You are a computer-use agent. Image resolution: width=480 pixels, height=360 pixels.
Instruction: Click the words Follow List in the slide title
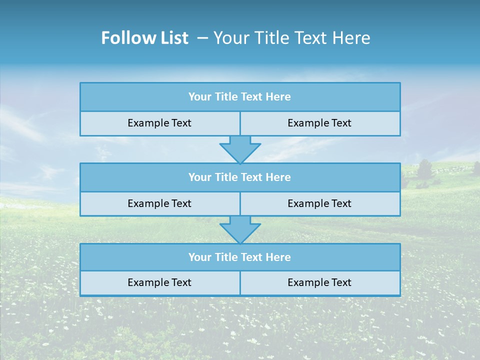click(144, 38)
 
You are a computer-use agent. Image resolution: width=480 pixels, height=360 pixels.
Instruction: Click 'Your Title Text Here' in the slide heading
click(291, 38)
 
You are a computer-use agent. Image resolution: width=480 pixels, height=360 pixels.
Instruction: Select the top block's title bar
click(240, 97)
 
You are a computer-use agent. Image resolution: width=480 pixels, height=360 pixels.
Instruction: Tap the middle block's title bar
click(240, 177)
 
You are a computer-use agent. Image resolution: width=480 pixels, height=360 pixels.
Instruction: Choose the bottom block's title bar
click(240, 257)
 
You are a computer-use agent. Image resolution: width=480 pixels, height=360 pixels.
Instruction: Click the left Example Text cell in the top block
click(159, 123)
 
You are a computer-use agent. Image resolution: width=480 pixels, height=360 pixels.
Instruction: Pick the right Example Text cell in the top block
click(319, 123)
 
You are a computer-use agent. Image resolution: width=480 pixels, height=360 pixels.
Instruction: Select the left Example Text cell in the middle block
click(159, 203)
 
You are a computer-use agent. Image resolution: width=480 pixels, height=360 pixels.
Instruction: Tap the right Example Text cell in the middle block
click(319, 203)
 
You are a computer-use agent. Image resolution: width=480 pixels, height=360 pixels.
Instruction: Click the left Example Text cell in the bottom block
click(159, 283)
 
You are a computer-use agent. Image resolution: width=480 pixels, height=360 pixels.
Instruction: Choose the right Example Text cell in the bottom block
click(319, 283)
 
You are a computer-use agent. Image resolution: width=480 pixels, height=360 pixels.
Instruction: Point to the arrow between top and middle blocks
click(240, 149)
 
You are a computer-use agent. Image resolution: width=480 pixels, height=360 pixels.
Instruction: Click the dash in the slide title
click(202, 38)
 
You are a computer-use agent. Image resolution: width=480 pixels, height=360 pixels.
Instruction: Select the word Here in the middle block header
click(278, 177)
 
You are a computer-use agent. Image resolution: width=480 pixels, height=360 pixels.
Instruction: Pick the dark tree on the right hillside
click(424, 169)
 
